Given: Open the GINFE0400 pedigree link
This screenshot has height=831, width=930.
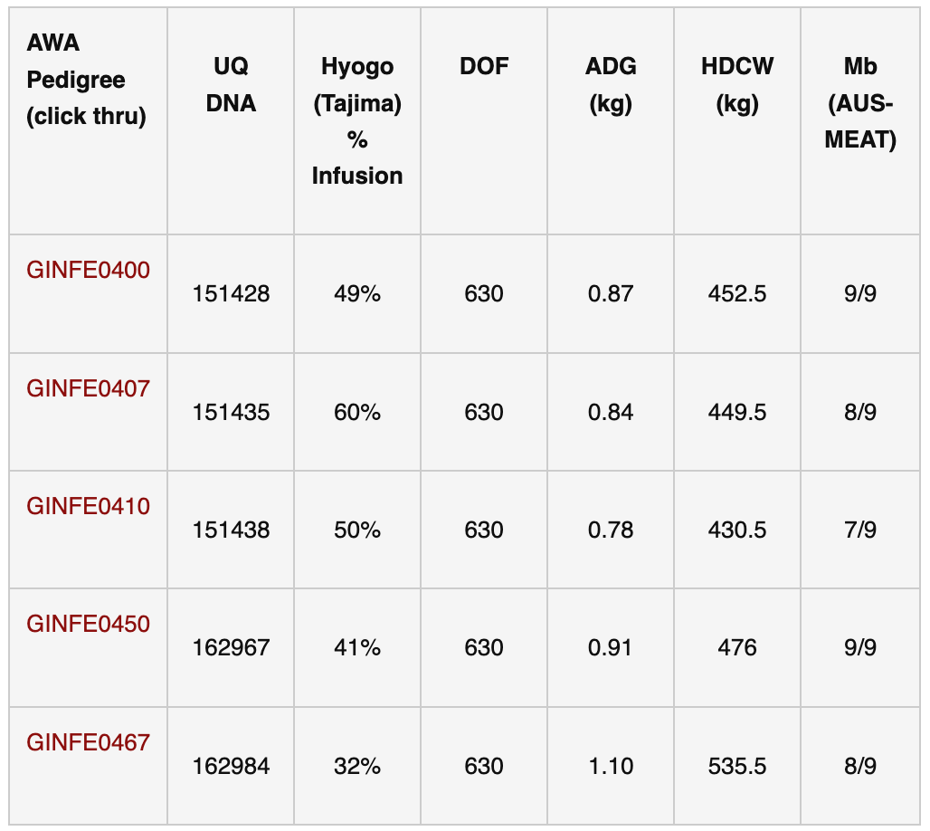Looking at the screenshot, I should pyautogui.click(x=88, y=270).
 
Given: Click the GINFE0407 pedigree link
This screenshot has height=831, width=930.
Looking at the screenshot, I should pyautogui.click(x=88, y=388).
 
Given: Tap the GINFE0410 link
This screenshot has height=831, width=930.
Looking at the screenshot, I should pyautogui.click(x=88, y=506).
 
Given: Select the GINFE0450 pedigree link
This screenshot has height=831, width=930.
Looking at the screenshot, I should pyautogui.click(x=88, y=624).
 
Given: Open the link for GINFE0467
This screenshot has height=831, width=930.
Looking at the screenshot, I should pyautogui.click(x=88, y=742).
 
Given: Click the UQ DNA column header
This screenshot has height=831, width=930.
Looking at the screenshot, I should pyautogui.click(x=231, y=84).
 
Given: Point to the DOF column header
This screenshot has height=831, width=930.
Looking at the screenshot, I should pyautogui.click(x=484, y=66).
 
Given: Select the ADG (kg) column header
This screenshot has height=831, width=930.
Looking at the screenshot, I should pyautogui.click(x=611, y=84).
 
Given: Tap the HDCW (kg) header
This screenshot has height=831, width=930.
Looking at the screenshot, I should pyautogui.click(x=737, y=84).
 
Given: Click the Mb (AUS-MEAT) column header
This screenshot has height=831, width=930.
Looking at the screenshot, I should pyautogui.click(x=860, y=102).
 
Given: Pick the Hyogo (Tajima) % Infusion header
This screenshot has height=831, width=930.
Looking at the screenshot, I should pyautogui.click(x=357, y=120).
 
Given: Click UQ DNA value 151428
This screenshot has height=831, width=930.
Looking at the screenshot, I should pyautogui.click(x=231, y=294).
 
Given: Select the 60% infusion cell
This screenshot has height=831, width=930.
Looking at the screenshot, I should pyautogui.click(x=357, y=412).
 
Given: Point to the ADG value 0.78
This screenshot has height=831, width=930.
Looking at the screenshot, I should pyautogui.click(x=611, y=530).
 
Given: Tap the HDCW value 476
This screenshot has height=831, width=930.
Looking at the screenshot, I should pyautogui.click(x=737, y=648).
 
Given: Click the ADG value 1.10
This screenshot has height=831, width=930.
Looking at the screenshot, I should pyautogui.click(x=611, y=767).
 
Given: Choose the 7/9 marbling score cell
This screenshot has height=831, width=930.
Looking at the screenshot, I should pyautogui.click(x=860, y=530).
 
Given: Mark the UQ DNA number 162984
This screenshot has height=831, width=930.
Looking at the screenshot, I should pyautogui.click(x=231, y=767).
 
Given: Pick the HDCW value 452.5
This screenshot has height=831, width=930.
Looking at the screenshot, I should pyautogui.click(x=737, y=294).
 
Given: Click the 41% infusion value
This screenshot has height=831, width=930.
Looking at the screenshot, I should pyautogui.click(x=357, y=648).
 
